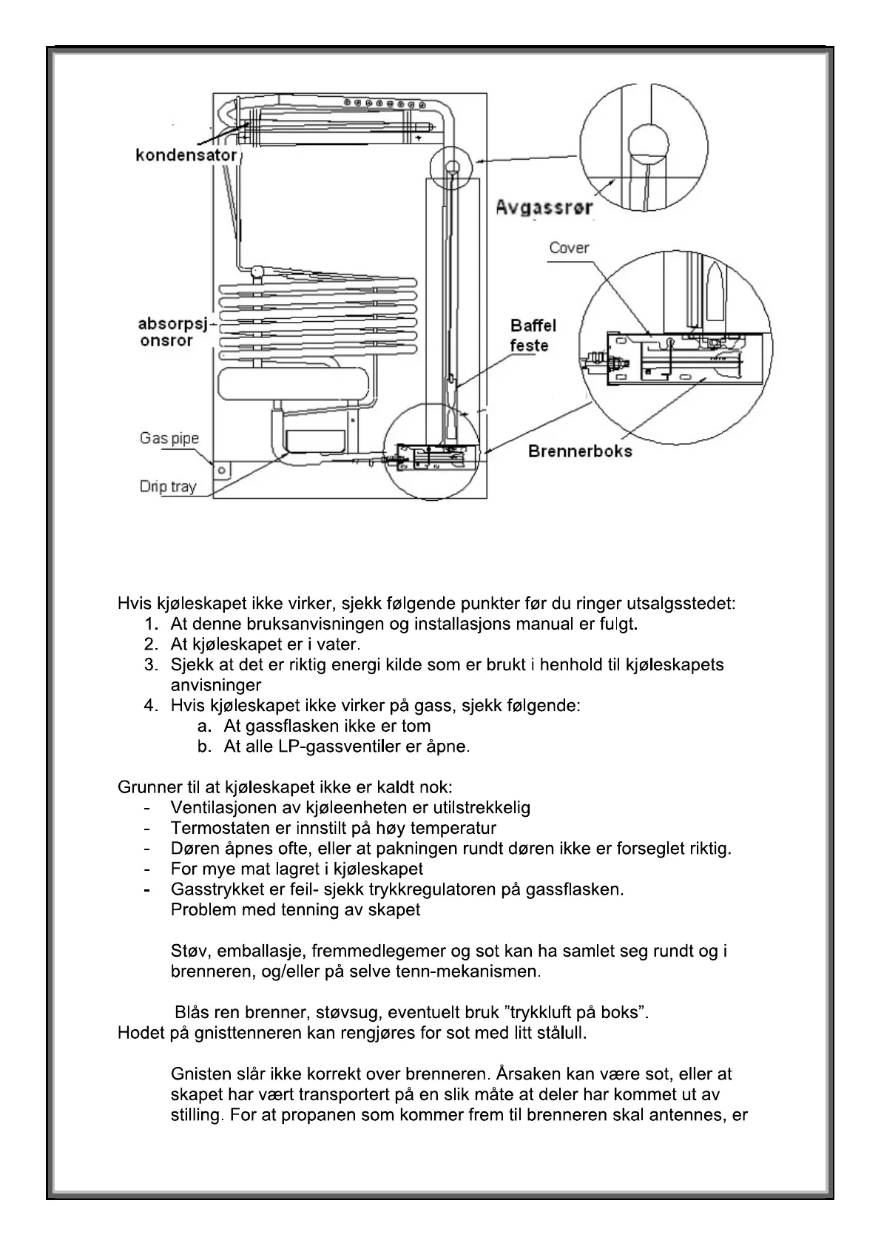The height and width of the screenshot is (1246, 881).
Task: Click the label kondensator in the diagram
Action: point(186,155)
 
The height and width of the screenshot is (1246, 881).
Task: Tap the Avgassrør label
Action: point(544,207)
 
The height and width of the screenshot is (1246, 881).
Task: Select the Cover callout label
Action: point(569,248)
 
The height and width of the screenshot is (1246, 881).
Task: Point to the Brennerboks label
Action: point(580,451)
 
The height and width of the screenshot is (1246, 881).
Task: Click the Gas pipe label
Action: point(169,438)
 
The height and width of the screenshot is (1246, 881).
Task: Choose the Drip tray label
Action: point(168,486)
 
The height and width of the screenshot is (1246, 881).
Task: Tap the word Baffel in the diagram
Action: point(533,326)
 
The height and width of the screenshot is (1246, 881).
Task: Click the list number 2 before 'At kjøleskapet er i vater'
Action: point(152,644)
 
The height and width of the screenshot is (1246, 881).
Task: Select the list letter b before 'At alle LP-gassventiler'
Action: point(205,747)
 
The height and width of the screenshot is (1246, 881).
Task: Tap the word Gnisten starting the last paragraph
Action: point(199,1074)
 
